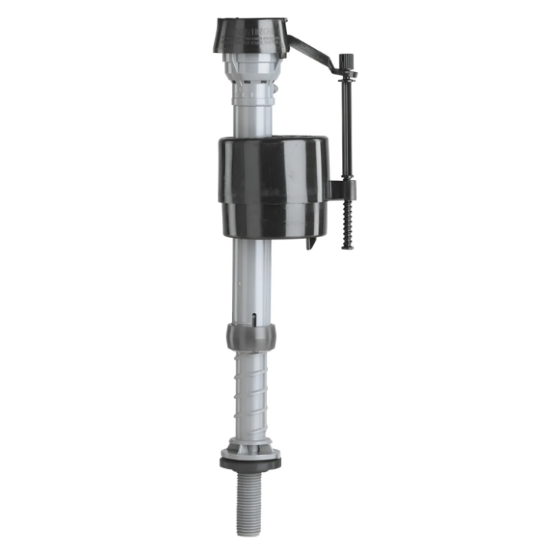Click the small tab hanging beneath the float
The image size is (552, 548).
tap(311, 242)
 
